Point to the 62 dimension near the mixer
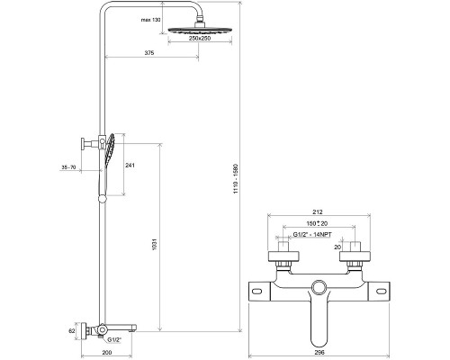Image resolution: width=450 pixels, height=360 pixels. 71,330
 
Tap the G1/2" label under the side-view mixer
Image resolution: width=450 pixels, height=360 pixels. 115,339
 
